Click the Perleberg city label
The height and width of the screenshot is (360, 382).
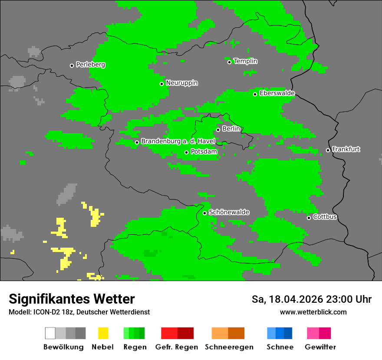click(x=90, y=65)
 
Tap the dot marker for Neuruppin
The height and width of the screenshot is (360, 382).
click(x=161, y=84)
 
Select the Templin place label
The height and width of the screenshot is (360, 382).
click(x=245, y=61)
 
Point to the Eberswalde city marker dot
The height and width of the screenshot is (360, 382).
click(x=255, y=94)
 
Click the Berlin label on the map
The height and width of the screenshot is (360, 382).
click(x=231, y=129)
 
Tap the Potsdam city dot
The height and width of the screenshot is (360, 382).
click(x=187, y=152)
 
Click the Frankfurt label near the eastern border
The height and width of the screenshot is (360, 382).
click(x=346, y=149)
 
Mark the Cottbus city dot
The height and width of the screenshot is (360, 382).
click(x=309, y=218)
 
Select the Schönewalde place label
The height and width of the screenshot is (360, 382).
click(x=229, y=212)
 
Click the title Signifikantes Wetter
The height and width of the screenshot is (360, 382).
click(x=72, y=299)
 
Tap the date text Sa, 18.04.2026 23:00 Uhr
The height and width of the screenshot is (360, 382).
click(x=311, y=299)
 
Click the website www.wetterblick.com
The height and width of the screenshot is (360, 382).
click(x=313, y=312)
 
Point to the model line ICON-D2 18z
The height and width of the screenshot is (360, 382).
click(x=79, y=312)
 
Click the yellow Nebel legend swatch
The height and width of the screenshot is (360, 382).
click(x=103, y=333)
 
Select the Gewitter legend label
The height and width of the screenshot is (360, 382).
click(x=320, y=347)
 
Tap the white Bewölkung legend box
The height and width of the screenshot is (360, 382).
click(x=50, y=333)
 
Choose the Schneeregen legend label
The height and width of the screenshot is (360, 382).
click(x=229, y=347)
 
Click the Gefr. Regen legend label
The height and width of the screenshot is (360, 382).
click(x=176, y=347)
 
